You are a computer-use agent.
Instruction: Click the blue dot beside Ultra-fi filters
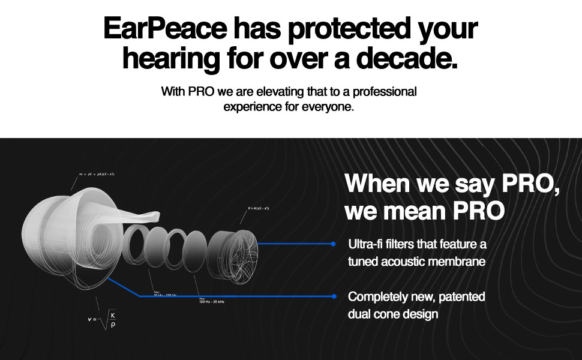(x=334, y=244)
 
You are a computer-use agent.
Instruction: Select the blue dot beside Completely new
(x=334, y=296)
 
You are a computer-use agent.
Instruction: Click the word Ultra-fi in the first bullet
(x=368, y=244)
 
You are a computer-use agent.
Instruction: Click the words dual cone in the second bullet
(x=372, y=314)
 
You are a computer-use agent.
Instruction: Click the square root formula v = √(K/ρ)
(x=101, y=319)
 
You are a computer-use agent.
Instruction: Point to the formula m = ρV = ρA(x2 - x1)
(x=96, y=174)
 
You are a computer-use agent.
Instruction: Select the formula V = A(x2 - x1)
(x=259, y=208)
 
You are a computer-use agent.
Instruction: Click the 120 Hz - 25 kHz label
(x=211, y=301)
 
